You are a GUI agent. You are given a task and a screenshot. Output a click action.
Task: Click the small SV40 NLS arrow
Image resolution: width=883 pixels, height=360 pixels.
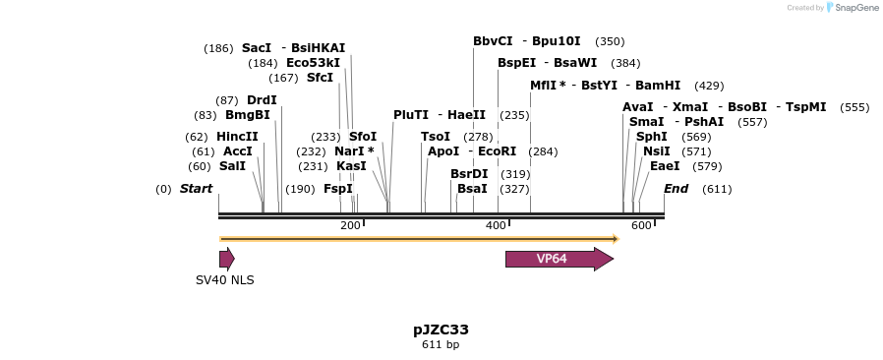tap(226, 259)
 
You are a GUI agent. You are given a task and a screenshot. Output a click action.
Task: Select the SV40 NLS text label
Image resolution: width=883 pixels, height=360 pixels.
tap(224, 280)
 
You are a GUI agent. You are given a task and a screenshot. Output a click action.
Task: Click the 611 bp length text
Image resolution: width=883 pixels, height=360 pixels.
tap(441, 345)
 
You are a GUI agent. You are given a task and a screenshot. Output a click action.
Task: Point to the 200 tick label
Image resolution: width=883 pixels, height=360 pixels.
tap(350, 226)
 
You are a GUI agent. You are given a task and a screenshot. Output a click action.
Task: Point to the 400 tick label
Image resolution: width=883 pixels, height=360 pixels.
tap(496, 226)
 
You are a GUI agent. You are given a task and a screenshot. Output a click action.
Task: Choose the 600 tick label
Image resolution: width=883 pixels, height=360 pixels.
tap(641, 226)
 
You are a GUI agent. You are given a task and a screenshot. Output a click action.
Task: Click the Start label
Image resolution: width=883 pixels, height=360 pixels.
tap(196, 189)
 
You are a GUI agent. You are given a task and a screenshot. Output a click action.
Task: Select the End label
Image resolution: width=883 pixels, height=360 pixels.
tap(676, 189)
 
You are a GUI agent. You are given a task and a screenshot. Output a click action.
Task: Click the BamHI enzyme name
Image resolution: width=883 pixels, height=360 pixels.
tap(658, 86)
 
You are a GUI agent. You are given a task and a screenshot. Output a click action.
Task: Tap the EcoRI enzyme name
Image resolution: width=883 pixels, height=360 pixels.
tap(497, 151)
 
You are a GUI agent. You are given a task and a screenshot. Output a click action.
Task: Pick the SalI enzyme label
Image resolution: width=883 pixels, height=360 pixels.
tap(232, 166)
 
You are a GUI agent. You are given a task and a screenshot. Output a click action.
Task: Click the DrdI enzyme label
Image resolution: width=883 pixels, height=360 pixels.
tap(262, 100)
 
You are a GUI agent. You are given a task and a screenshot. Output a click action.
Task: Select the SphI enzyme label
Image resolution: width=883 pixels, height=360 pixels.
tap(651, 137)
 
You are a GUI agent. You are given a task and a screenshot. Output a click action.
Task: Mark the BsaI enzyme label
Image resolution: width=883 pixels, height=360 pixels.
tap(472, 189)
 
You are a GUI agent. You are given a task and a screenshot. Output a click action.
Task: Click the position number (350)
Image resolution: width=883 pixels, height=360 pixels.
tap(610, 41)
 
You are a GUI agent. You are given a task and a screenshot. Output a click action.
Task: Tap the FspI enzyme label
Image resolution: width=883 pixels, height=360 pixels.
tap(337, 189)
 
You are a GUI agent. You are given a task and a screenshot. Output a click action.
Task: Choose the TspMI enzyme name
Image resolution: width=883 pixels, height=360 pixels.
tap(805, 107)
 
